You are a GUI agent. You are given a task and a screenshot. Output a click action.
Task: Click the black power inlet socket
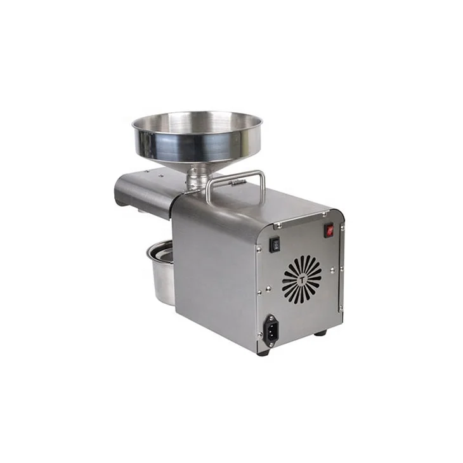(x=271, y=330)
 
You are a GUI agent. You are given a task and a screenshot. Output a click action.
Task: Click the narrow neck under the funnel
(x=198, y=175)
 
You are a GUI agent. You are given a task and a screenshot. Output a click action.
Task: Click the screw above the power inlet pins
(x=271, y=316)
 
